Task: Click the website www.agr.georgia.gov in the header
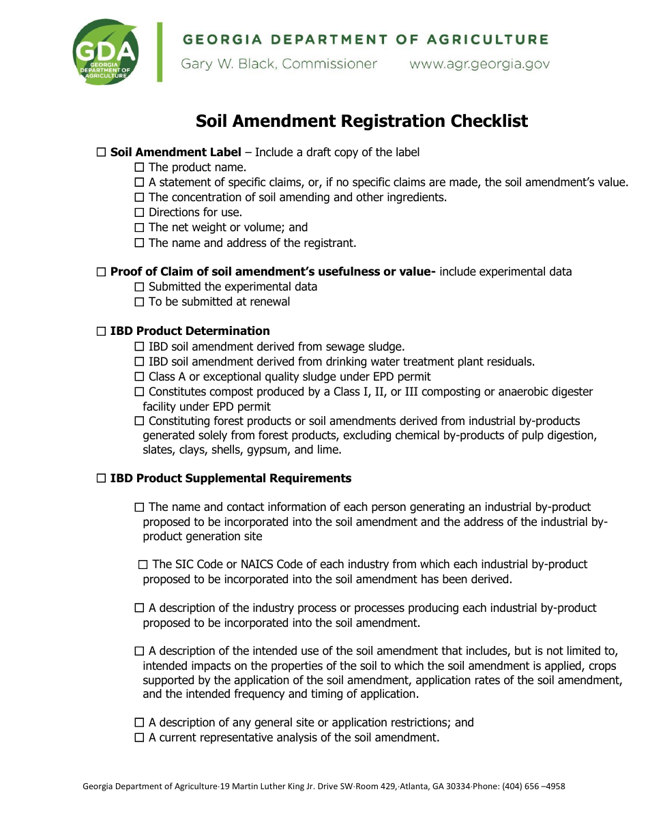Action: pos(479,64)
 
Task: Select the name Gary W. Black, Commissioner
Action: pos(278,64)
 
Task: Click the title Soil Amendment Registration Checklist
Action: pos(362,121)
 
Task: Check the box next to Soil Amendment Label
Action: pos(102,153)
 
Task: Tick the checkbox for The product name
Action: pos(140,168)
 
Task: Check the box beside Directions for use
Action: pos(140,213)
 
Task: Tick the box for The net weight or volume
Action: pos(140,228)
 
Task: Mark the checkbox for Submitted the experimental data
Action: pos(140,287)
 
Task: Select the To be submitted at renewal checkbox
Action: pos(140,302)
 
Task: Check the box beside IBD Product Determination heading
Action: pos(102,332)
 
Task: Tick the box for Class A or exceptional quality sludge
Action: pos(140,377)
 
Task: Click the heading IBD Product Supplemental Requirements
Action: pos(231,479)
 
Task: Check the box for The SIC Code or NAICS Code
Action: pos(143,565)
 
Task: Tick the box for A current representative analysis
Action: pos(140,738)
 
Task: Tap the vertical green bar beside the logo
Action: pos(160,52)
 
